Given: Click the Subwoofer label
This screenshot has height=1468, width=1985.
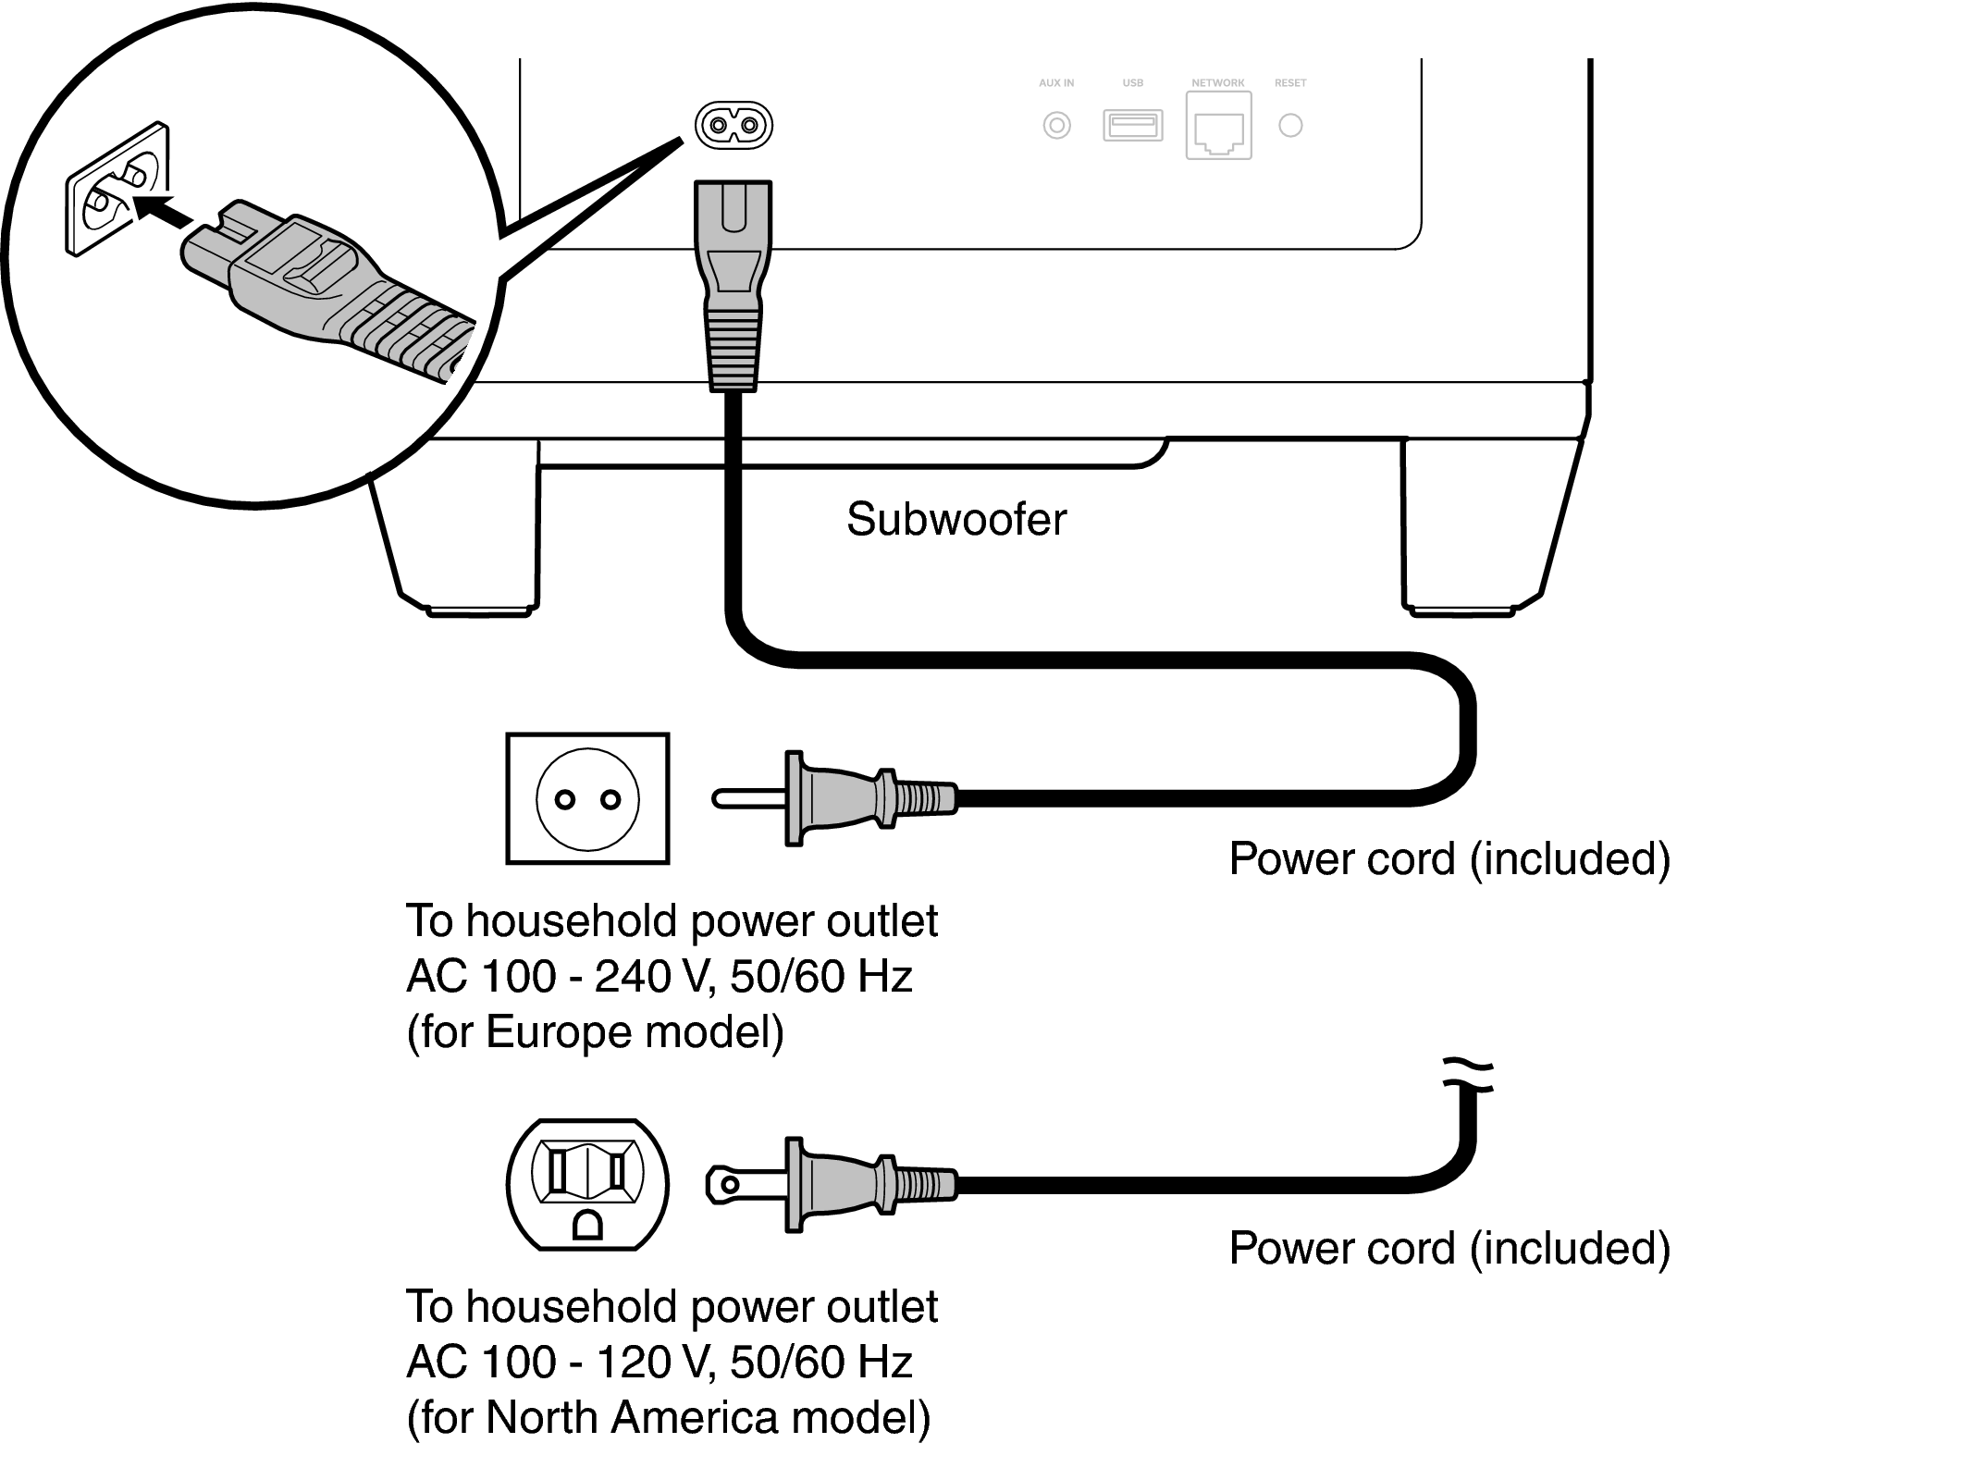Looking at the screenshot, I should [x=956, y=519].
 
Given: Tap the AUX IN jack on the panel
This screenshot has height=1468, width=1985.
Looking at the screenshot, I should [x=1056, y=125].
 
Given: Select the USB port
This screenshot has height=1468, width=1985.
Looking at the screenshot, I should [x=1132, y=125].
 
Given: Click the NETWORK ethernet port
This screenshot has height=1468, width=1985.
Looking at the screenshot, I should [x=1218, y=128].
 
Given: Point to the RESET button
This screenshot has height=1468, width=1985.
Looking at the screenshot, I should [x=1290, y=125].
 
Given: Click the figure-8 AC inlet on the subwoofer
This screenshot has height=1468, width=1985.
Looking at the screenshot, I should [x=734, y=125].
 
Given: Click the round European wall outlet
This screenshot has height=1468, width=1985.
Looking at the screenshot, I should [x=587, y=799].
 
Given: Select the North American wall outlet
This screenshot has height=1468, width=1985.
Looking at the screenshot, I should [x=587, y=1184].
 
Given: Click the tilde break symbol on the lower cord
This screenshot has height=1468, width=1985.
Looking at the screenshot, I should [x=1468, y=1073].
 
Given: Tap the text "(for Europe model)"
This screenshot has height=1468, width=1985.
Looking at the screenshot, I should [x=595, y=1031].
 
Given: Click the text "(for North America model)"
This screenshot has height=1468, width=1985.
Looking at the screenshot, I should [x=668, y=1417].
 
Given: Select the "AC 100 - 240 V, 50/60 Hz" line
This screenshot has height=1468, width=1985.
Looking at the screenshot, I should [x=659, y=977].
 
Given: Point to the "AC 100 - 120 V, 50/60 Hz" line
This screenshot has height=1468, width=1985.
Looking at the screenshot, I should [x=659, y=1362].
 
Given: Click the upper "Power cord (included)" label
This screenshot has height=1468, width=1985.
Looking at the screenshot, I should [x=1449, y=858].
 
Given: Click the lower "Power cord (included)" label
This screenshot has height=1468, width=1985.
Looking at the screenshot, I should [x=1449, y=1248].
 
